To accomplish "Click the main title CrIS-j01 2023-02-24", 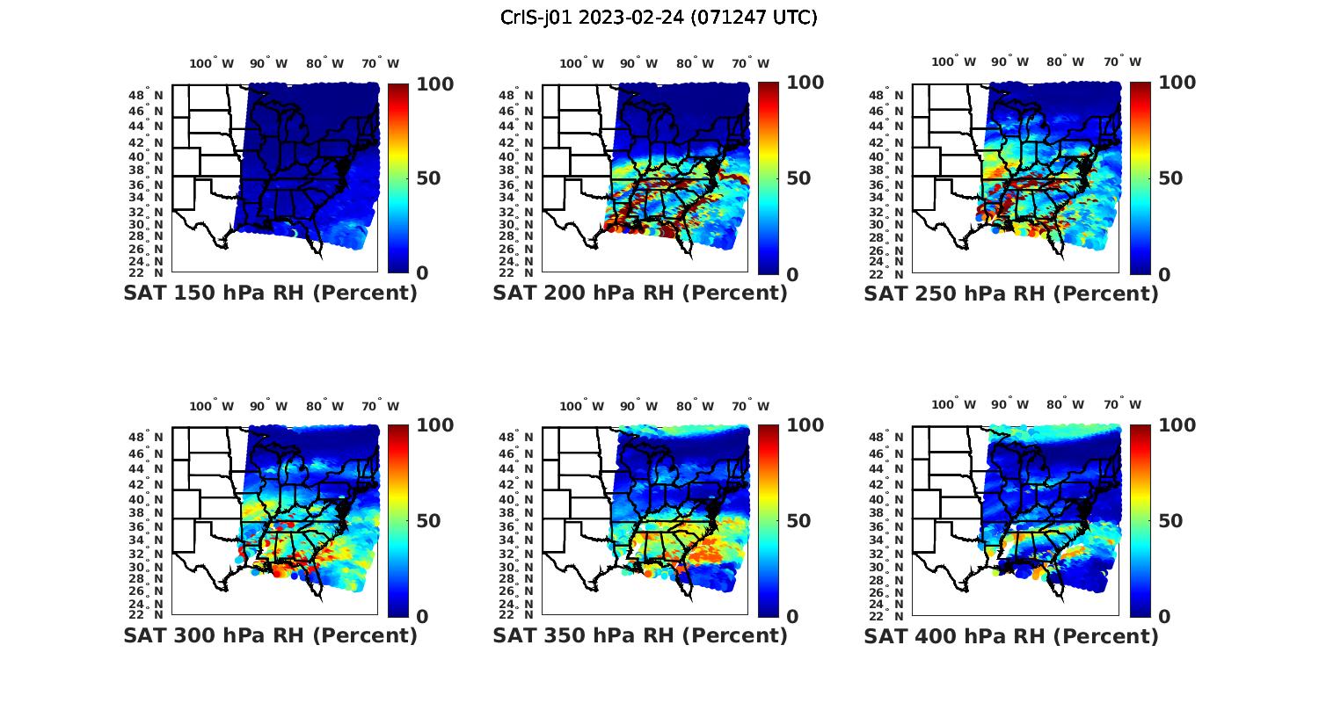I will (659, 18).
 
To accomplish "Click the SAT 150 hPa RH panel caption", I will (270, 294).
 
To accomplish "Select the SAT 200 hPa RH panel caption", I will (640, 294).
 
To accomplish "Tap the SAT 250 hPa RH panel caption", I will (1011, 294).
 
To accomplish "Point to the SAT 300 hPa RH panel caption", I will (270, 635).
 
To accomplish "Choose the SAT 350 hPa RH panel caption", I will (640, 635).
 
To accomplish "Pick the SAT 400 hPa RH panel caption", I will (1011, 635).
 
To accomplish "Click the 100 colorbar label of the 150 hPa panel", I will (434, 83).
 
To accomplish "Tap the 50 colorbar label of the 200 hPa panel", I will (798, 178).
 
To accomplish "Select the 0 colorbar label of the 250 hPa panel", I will (1164, 274).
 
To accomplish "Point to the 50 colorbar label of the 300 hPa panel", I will (428, 521).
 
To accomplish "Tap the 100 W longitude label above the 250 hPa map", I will (954, 62).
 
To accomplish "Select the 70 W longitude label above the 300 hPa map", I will (381, 406).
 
